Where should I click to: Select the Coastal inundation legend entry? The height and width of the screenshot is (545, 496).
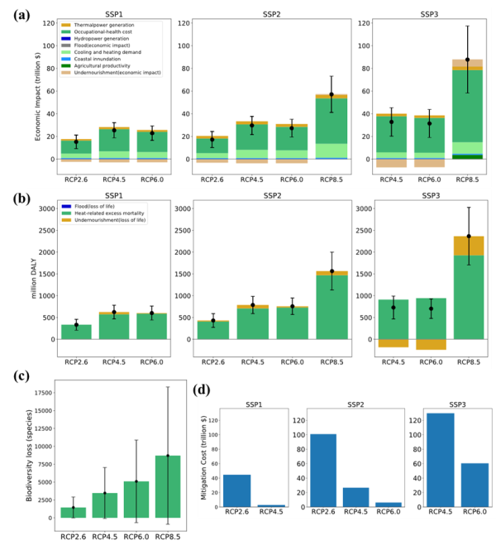coord(83,61)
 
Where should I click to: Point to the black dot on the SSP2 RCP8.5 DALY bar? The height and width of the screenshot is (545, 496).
coord(332,271)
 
